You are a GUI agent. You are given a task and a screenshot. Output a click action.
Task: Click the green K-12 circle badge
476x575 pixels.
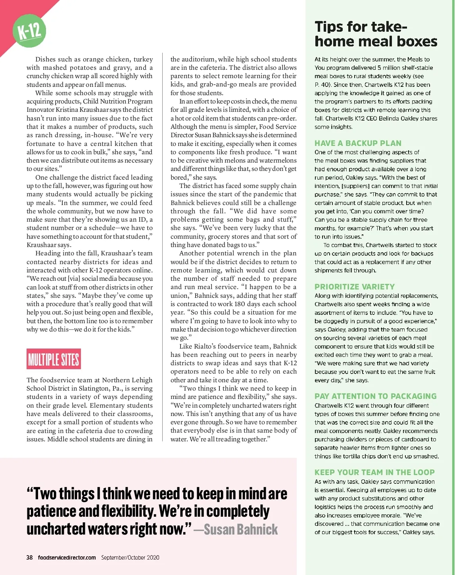[29, 31]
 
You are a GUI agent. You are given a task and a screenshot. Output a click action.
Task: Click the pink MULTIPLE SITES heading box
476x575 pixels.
[54, 359]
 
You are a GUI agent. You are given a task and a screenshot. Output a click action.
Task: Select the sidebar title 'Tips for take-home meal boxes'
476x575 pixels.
[376, 34]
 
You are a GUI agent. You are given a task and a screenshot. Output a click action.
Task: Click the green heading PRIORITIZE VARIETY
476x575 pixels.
[355, 287]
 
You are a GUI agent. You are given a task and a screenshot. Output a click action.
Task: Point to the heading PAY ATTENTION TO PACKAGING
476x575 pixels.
[375, 396]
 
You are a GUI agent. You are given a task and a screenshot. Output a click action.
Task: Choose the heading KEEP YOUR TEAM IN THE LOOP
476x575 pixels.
[374, 472]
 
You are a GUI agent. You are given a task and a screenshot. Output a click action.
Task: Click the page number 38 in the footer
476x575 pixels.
[30, 558]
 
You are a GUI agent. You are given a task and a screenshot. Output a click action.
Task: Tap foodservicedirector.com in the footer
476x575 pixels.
[67, 558]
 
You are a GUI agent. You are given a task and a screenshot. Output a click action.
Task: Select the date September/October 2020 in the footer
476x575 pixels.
[130, 558]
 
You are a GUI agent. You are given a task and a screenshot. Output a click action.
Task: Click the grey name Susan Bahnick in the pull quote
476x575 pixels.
[241, 530]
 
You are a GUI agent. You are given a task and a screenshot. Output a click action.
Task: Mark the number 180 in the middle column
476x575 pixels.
[240, 304]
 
